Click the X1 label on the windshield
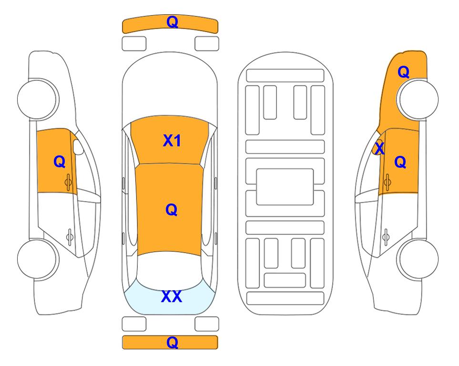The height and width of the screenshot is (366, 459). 172,141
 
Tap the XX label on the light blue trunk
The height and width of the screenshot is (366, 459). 172,296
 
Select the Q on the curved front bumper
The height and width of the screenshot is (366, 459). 172,22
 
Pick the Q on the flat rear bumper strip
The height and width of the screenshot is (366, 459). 172,343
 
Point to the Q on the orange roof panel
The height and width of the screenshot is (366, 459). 171,210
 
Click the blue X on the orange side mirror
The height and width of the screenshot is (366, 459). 379,148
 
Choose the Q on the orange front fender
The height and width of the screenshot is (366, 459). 403,72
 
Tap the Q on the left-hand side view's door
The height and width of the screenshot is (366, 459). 59,162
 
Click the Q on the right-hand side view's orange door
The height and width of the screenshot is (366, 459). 400,162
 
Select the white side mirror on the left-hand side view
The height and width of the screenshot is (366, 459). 78,147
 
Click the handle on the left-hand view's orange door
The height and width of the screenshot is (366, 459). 68,182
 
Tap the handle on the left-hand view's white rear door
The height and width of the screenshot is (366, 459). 70,236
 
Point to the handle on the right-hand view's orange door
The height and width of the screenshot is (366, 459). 388,182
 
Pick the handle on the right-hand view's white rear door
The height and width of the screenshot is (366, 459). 386,236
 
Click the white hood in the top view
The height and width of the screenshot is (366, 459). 170,85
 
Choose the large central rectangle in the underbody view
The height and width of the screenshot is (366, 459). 285,187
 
